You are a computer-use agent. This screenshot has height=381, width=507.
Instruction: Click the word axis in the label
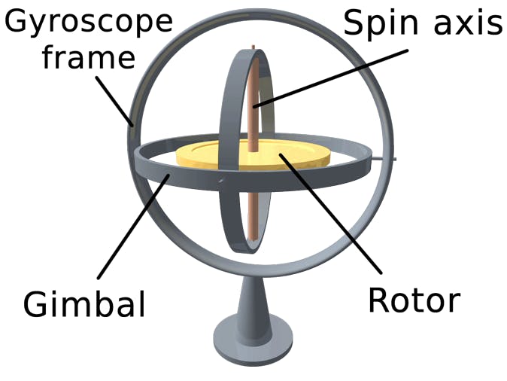click(461, 23)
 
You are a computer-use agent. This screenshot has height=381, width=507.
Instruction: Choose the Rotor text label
click(413, 300)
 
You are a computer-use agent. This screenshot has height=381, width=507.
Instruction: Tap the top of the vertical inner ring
click(248, 53)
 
